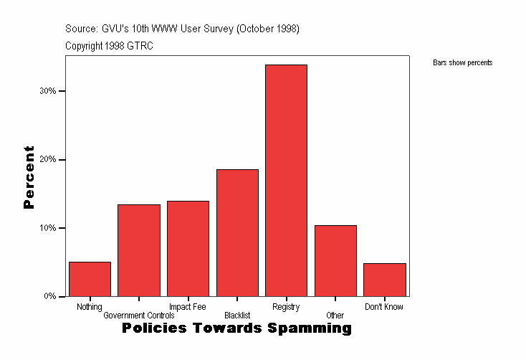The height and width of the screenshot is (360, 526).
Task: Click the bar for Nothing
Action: coord(90,279)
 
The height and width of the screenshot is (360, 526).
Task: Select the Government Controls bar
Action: coord(139,250)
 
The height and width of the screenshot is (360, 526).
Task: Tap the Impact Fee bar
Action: coord(188,248)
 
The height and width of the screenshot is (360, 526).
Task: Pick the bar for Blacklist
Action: coord(237,232)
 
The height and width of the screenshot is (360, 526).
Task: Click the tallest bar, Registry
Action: coord(286,180)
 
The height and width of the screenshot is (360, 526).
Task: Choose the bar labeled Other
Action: coord(335,260)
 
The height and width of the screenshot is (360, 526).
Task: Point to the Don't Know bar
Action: coord(385,280)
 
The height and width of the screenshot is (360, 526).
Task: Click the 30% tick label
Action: coord(48,91)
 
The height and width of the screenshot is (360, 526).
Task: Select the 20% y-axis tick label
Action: coord(48,160)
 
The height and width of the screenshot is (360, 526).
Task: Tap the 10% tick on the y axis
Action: coord(48,228)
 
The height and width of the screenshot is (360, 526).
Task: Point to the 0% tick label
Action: coord(50,296)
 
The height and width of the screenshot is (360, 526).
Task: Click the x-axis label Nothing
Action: coord(90,307)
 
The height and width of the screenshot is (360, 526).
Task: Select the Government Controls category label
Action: coord(139,316)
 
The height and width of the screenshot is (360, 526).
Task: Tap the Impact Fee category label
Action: coord(188,307)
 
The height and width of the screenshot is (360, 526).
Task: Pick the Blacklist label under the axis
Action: coord(237,316)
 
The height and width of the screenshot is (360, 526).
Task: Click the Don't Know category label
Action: coord(384,307)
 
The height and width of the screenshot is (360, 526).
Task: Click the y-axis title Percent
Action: coord(29,177)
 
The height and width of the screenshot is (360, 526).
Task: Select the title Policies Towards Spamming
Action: coord(237,328)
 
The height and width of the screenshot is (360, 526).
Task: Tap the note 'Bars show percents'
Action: coord(463,63)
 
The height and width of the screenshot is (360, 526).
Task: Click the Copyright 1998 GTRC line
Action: coord(109,46)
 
